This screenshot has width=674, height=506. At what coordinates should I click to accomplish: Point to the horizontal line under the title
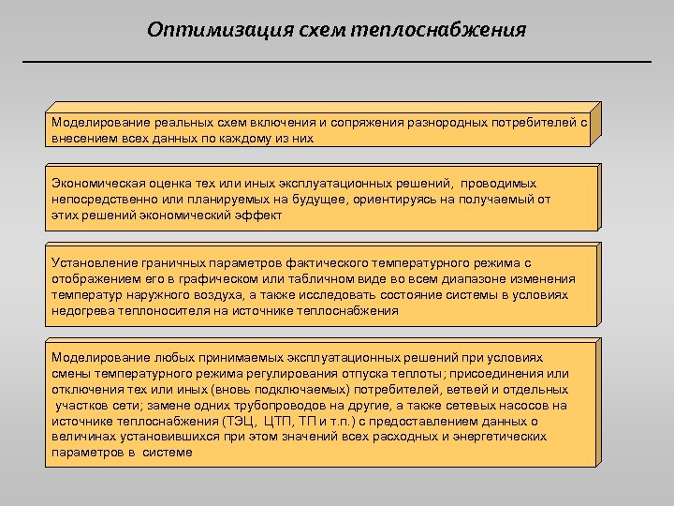click(336, 62)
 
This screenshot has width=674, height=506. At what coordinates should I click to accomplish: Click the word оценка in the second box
click(173, 184)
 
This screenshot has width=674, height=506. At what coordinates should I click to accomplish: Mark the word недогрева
click(81, 310)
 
